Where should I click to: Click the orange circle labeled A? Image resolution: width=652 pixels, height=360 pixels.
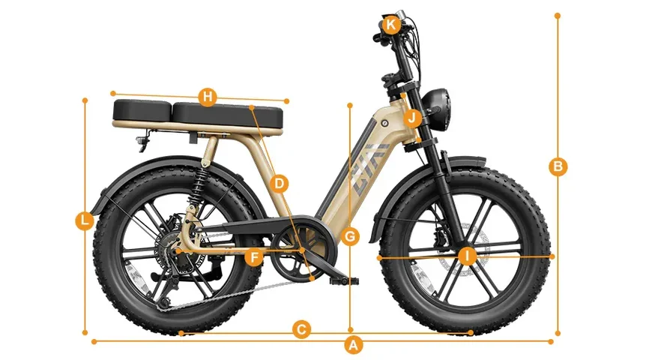pyautogui.click(x=353, y=345)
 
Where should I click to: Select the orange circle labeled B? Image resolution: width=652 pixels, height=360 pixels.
pyautogui.click(x=558, y=167)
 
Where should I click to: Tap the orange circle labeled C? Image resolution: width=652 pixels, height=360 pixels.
pyautogui.click(x=301, y=330)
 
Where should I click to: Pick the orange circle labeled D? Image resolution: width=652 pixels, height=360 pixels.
pyautogui.click(x=279, y=184)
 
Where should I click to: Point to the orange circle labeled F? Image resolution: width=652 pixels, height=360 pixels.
pyautogui.click(x=253, y=257)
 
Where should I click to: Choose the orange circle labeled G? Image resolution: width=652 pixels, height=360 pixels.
pyautogui.click(x=350, y=236)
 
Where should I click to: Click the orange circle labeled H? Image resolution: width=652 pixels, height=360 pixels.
pyautogui.click(x=208, y=97)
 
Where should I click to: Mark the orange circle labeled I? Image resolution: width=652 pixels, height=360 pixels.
pyautogui.click(x=468, y=256)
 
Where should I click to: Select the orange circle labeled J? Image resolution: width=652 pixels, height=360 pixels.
pyautogui.click(x=411, y=118)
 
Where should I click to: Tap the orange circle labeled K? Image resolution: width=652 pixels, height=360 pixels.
pyautogui.click(x=390, y=25)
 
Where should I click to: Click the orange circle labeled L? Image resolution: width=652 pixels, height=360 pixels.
pyautogui.click(x=85, y=220)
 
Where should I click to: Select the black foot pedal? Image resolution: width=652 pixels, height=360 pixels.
pyautogui.click(x=343, y=281)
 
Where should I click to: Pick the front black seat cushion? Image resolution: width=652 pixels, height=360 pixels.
pyautogui.click(x=228, y=115)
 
